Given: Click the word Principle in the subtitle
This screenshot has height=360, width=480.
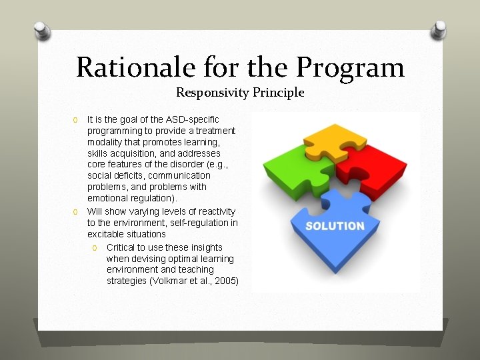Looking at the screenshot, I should pos(278,93).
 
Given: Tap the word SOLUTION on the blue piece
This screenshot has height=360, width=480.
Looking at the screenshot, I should pos(335,226).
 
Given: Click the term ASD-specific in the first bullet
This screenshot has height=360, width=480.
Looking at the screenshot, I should pos(192,119).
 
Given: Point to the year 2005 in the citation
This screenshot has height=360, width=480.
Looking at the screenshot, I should pos(225,281).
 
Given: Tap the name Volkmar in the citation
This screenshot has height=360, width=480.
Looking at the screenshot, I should pos(167,281).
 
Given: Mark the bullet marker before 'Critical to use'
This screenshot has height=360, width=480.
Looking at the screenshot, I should pos(95,248).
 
